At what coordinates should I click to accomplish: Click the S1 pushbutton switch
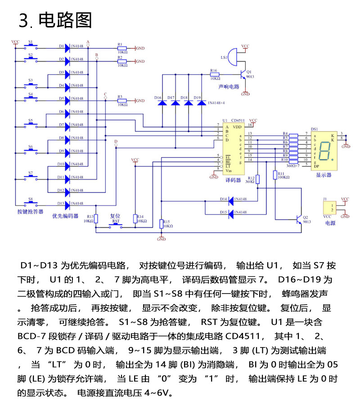point(31,46)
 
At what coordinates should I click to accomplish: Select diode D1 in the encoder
point(68,46)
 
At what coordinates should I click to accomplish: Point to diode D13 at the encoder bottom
point(68,205)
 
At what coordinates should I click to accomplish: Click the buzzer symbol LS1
point(232,58)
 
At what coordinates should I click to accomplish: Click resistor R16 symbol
point(221,75)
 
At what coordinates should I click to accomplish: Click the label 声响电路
point(229,86)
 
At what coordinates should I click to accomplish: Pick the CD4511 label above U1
point(238,121)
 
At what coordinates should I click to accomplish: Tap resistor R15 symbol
point(162,223)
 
